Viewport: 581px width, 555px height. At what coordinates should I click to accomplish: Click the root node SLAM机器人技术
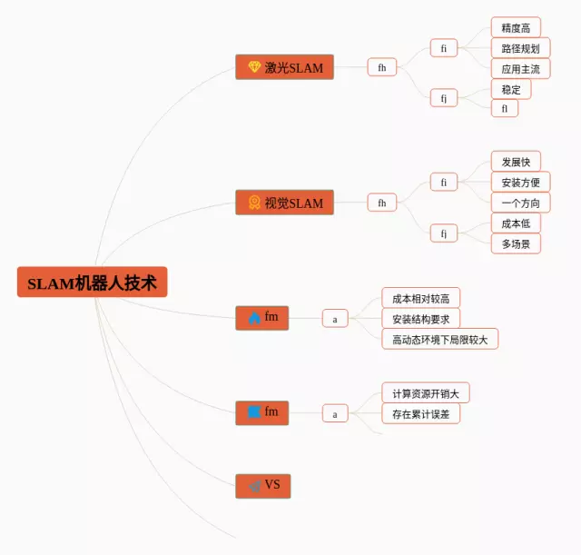[92, 282]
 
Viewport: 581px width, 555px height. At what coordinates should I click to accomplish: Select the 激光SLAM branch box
[284, 67]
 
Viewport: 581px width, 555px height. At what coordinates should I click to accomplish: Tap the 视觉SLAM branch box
[284, 203]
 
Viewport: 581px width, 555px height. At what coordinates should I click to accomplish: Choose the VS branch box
[263, 486]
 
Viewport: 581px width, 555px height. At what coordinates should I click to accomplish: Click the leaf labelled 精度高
[516, 28]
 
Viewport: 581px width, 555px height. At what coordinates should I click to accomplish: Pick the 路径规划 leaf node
[520, 48]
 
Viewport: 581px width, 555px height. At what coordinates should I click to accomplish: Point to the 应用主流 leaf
[520, 68]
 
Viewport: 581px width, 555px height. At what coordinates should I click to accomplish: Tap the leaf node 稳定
[511, 89]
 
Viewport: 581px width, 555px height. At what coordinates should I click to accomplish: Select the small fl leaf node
[505, 108]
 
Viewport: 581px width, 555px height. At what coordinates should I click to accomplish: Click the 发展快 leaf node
[516, 162]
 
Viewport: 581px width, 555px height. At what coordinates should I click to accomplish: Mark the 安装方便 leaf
[520, 182]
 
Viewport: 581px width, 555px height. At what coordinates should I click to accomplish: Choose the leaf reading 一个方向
[520, 203]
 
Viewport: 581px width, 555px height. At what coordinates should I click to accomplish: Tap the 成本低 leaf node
[516, 223]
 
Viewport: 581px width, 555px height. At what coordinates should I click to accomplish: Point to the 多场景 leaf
[516, 243]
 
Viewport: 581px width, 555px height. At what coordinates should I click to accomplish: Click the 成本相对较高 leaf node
[420, 298]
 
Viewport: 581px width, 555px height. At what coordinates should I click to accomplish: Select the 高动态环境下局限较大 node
[439, 340]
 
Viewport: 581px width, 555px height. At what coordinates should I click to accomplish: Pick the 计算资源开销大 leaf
[425, 393]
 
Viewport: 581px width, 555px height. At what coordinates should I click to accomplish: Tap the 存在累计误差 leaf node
[420, 414]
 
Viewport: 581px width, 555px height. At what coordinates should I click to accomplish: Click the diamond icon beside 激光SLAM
[254, 67]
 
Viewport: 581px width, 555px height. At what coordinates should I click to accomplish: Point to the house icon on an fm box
[254, 318]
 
